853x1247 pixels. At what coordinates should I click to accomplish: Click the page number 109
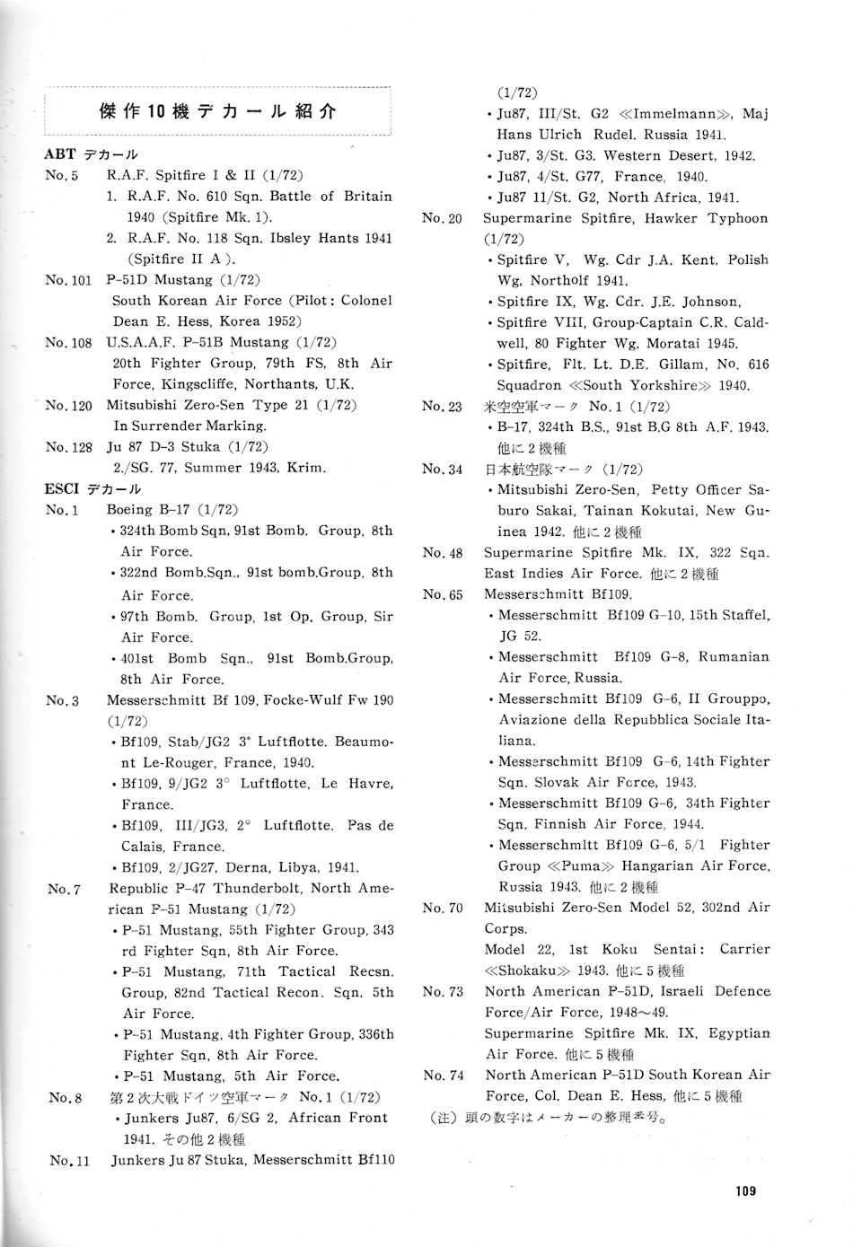[744, 1191]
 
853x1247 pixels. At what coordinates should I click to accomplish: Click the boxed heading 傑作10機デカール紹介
[217, 111]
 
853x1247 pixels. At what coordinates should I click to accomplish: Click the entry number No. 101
[68, 280]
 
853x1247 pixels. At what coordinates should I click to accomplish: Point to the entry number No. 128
[68, 447]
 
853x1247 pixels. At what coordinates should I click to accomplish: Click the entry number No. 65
[443, 594]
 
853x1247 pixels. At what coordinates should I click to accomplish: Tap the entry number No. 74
[444, 1076]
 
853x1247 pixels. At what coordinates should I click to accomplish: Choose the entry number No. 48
[443, 553]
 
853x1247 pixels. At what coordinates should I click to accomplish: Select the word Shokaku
[531, 970]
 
